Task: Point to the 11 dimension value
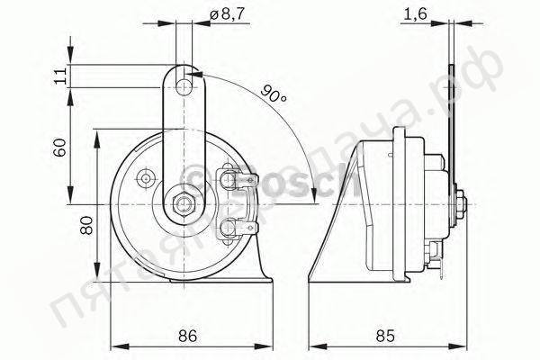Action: pos(60,76)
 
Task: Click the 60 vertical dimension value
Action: pos(60,146)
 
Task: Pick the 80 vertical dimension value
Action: pos(87,224)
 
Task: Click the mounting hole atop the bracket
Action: pos(186,86)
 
